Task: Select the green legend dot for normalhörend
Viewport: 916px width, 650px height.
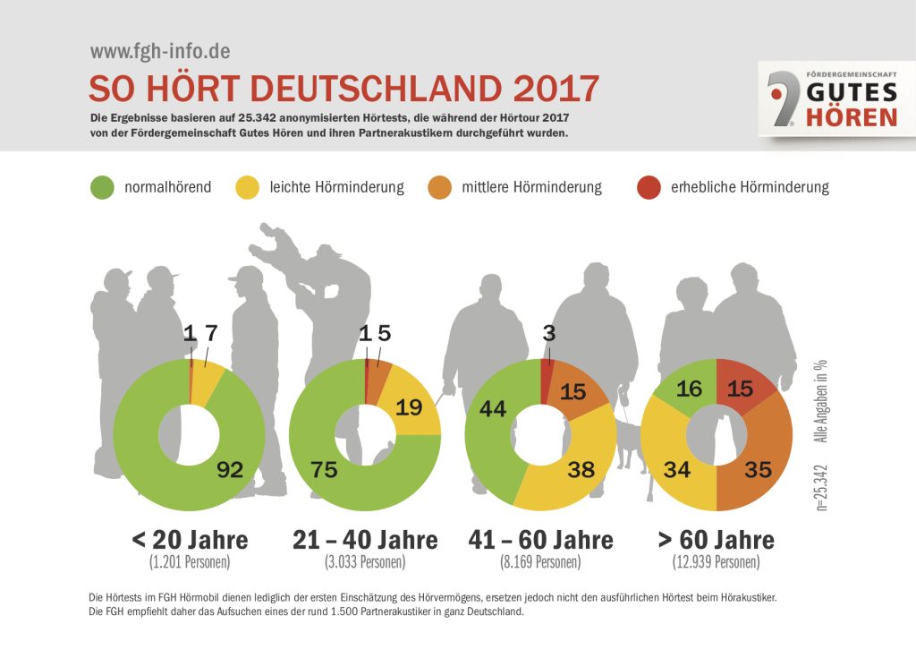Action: pos(103,188)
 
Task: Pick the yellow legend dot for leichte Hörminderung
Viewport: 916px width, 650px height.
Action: pos(247,188)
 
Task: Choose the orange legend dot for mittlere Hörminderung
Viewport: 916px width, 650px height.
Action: pos(440,188)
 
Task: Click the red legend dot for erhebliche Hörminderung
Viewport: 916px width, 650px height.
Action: pos(649,188)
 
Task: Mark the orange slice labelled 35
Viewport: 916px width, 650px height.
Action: pos(758,468)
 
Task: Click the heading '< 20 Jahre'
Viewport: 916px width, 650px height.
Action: pos(190,541)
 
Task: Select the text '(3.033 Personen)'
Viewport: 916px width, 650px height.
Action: pos(365,563)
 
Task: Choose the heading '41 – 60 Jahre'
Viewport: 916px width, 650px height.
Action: pos(541,541)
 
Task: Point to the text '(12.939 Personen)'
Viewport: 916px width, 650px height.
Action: pos(716,563)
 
